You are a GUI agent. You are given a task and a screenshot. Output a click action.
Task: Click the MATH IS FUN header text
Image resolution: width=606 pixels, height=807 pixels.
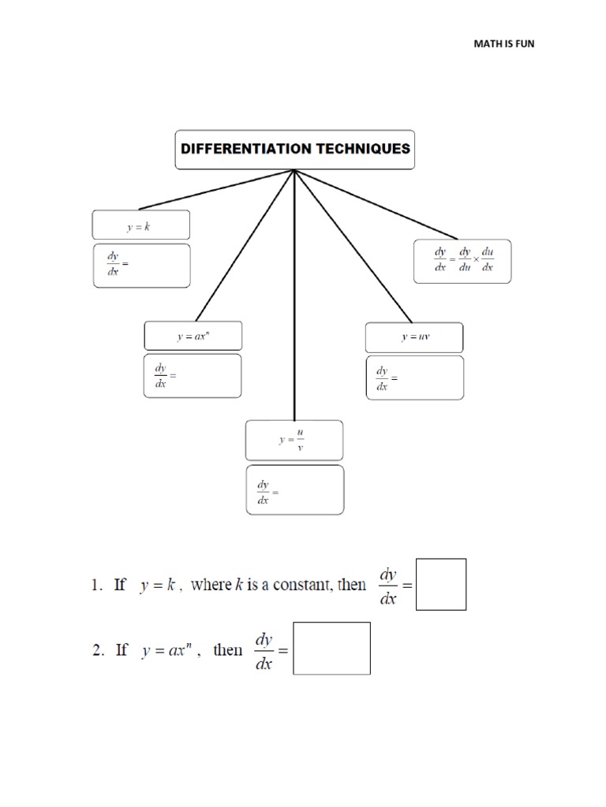tap(503, 43)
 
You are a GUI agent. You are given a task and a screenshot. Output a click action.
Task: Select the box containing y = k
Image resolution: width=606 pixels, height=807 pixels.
tap(140, 225)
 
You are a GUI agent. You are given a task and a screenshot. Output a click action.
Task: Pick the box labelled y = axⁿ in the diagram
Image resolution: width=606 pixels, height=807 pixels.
tap(193, 336)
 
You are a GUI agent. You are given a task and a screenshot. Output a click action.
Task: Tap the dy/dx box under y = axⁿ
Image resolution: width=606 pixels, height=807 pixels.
tap(193, 375)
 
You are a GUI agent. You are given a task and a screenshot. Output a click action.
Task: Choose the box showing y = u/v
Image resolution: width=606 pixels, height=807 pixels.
tap(294, 440)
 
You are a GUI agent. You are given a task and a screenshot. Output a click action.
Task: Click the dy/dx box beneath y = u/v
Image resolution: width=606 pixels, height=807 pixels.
tap(294, 489)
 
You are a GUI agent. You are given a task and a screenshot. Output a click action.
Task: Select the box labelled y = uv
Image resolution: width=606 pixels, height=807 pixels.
tap(414, 337)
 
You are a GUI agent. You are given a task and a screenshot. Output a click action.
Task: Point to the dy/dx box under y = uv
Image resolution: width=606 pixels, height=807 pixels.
tap(414, 377)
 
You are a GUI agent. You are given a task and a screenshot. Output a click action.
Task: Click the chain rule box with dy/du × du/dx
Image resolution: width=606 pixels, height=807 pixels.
tap(463, 261)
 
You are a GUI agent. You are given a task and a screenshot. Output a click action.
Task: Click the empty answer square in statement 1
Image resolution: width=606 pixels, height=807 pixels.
tap(441, 584)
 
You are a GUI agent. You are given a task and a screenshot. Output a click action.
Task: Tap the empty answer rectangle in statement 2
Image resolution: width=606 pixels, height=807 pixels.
tap(331, 648)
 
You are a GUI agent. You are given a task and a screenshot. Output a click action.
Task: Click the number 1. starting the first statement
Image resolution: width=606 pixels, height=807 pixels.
tap(97, 585)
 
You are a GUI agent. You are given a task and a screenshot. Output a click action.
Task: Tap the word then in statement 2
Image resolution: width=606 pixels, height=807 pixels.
tap(228, 650)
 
